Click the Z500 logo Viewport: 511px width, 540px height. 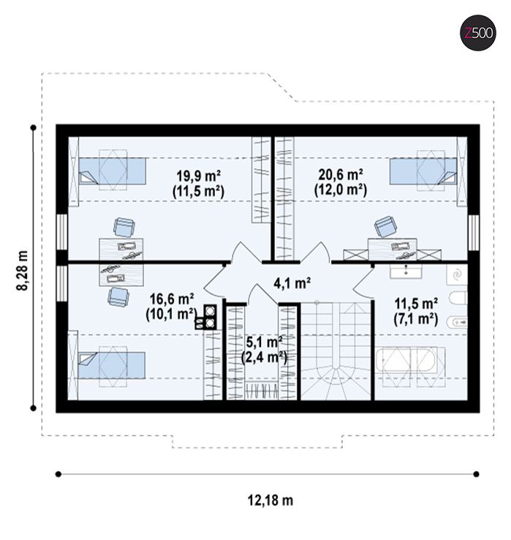pos(478,33)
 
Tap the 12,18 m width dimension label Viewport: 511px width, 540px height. pos(270,500)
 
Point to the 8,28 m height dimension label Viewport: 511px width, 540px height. pos(23,270)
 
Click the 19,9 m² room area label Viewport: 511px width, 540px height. pos(199,176)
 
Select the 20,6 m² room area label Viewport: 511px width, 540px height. pos(341,175)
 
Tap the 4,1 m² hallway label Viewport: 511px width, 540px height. pos(292,283)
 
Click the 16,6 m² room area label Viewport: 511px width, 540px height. pos(171,299)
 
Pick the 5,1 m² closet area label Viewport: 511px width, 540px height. pos(265,342)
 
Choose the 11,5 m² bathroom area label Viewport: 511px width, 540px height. pos(416,304)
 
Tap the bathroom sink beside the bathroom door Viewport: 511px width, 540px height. pos(406,271)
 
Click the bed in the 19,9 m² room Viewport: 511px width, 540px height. pos(112,170)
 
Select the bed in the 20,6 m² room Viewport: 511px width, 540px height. pos(423,170)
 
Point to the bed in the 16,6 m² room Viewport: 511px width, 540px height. pos(112,365)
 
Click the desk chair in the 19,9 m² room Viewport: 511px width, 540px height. pos(124,228)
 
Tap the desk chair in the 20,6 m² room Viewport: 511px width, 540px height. pos(385,227)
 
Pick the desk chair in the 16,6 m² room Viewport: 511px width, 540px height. pos(118,297)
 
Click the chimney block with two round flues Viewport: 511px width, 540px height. pos(206,317)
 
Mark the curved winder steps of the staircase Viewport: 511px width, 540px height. pos(336,383)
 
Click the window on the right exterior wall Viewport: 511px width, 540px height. pos(474,233)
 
